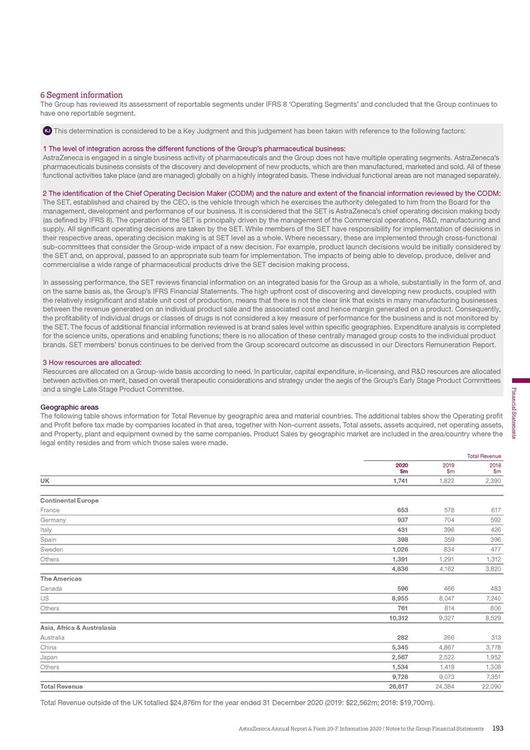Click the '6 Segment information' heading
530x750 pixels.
tap(82, 95)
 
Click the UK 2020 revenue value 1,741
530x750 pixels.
tap(398, 480)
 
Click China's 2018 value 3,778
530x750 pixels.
tap(491, 646)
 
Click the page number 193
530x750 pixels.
tap(497, 727)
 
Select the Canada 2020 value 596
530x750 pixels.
tap(401, 588)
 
